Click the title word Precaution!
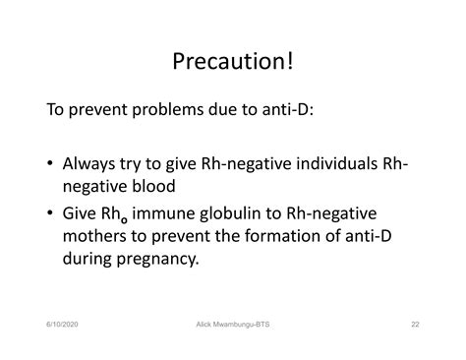[x=233, y=60]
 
